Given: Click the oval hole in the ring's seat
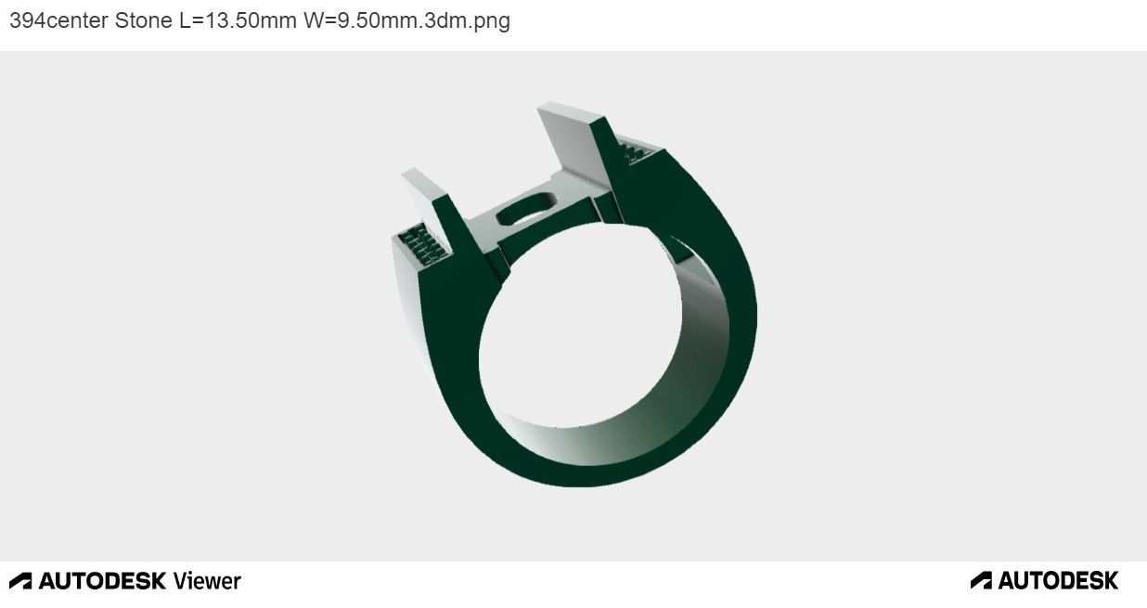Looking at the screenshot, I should point(524,212).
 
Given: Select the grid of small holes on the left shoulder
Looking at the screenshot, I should point(422,243).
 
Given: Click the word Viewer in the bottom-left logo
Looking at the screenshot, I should point(206,581).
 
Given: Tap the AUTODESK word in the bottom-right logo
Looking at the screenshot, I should point(1058,581).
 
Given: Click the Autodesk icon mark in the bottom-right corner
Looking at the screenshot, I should point(981,581).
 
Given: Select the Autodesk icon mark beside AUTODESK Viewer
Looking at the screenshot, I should point(20,581).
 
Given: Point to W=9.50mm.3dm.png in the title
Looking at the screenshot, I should point(406,20).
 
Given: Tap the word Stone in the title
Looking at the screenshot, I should point(143,20).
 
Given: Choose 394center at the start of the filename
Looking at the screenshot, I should point(58,20).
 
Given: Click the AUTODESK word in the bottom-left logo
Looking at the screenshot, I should point(102,581).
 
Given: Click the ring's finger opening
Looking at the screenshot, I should point(575,325).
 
